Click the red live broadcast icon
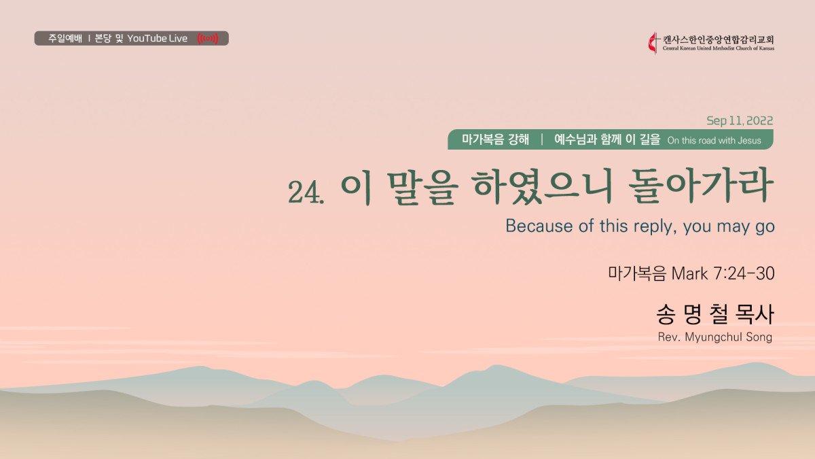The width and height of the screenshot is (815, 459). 208,38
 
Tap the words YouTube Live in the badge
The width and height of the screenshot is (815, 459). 157,38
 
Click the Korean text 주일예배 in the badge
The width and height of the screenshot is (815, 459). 65,38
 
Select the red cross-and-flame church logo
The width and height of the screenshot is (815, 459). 653,44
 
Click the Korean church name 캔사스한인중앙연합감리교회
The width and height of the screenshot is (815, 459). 719,39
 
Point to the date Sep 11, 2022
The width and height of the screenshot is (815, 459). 740,120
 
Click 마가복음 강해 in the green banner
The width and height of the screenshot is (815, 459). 495,139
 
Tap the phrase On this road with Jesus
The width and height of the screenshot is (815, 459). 714,141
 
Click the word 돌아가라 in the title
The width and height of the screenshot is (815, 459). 701,186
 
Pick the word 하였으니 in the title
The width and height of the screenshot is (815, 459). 543,186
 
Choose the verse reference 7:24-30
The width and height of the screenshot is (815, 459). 744,273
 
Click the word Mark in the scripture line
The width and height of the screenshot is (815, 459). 689,273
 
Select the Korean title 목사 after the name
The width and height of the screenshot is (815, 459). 755,314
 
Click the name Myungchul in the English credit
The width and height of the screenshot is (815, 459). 714,337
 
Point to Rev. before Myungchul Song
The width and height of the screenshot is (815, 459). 669,337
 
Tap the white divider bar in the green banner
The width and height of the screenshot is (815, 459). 542,139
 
